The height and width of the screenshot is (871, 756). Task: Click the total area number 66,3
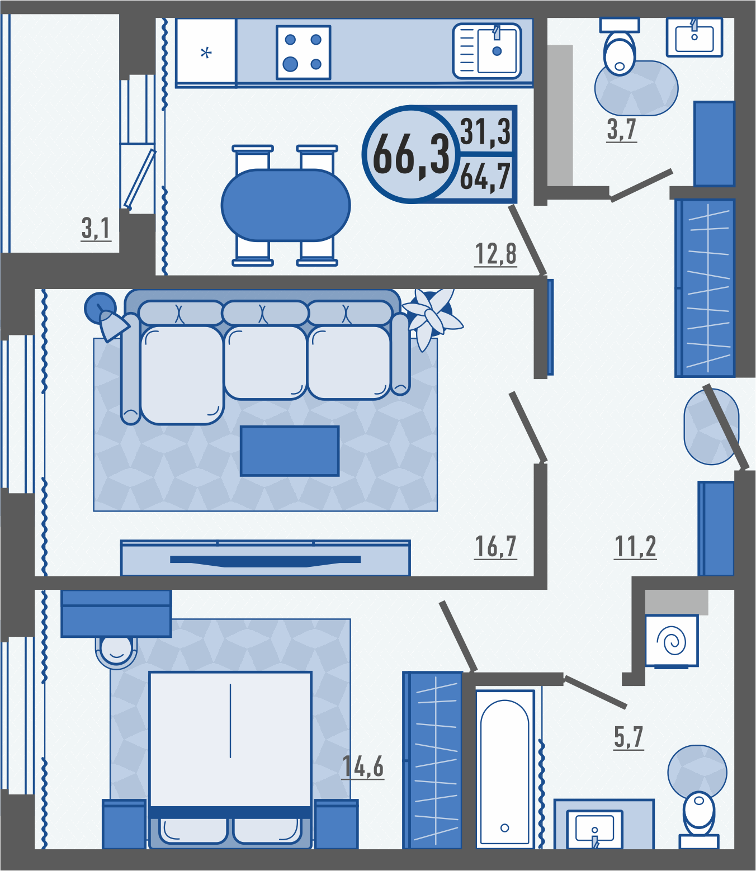(411, 154)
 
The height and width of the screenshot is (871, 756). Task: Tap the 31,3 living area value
(485, 132)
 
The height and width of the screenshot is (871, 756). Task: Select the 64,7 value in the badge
(485, 177)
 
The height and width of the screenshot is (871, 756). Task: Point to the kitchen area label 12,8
(495, 254)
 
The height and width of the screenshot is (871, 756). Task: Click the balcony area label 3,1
(96, 228)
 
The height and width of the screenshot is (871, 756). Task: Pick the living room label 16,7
(495, 547)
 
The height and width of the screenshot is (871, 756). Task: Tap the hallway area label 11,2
(635, 547)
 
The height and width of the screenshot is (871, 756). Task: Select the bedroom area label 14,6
(363, 766)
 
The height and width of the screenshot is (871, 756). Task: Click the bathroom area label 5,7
(629, 737)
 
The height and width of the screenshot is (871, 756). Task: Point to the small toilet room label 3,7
(621, 129)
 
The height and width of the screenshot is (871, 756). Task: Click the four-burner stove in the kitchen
(303, 53)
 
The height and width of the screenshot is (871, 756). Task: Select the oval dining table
(286, 205)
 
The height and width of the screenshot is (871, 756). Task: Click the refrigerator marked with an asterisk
(206, 53)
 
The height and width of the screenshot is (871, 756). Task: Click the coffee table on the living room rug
(290, 451)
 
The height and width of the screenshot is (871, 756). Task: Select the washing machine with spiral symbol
(672, 640)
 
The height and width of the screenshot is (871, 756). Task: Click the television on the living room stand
(265, 560)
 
